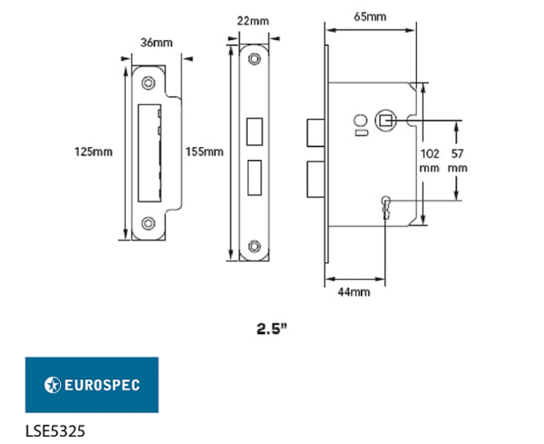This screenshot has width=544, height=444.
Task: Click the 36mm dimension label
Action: coord(157,43)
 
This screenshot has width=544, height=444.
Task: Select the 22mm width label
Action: coord(253,21)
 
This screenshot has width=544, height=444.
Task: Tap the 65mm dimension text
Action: coord(370,16)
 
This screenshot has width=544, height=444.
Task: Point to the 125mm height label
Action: coord(93,152)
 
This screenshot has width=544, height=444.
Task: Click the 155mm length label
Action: coord(204,152)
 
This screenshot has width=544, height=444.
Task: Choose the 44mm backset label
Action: coord(354,292)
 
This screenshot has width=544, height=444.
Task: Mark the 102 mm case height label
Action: coord(430,161)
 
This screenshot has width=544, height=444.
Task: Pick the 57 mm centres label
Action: coord(457,161)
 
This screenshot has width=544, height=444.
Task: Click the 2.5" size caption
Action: coord(272,329)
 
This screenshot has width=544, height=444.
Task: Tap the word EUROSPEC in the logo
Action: coord(102,385)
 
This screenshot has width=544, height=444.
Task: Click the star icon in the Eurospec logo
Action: coord(53,385)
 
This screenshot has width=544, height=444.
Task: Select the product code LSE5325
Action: coord(55,431)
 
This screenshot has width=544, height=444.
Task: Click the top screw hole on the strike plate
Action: coord(149,83)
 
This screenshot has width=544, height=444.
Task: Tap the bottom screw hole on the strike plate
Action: coord(149,223)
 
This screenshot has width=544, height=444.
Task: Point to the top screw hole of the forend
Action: coord(254,59)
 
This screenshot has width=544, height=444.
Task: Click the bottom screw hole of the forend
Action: coord(254,246)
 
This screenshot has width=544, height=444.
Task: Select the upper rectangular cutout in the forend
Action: coord(254,132)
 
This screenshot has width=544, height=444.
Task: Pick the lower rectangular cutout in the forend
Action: coord(254,178)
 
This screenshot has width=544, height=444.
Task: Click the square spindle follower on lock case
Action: coord(384,121)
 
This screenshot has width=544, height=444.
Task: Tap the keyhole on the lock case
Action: coord(386,207)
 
